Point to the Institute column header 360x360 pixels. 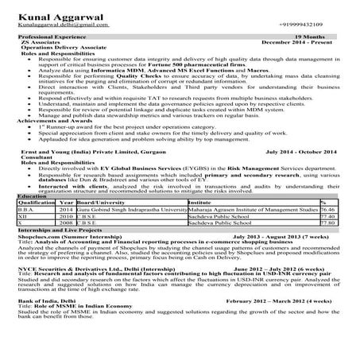click(x=199, y=202)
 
